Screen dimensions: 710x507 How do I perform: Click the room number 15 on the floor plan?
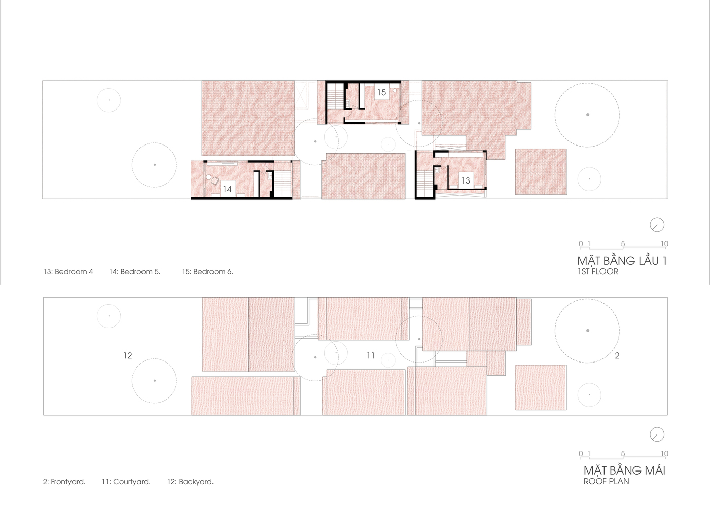381,92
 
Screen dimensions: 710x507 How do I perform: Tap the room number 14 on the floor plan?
227,190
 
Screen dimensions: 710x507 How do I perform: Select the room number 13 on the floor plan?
466,180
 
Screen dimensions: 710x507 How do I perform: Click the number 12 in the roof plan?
128,355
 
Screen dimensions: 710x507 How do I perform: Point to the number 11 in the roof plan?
371,355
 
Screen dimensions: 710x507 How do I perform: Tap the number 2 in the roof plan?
617,355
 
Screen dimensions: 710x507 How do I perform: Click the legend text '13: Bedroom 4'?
68,272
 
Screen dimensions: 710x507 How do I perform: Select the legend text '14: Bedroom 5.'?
135,272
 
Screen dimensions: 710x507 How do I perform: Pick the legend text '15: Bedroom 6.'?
207,272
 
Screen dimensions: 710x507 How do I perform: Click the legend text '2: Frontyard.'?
64,482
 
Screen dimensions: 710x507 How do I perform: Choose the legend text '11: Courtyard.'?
126,482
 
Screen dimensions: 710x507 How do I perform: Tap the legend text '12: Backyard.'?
191,482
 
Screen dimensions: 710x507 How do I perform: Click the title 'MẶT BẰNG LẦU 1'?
622,260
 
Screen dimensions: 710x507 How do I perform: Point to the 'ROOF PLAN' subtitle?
607,481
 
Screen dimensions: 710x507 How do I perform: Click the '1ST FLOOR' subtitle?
598,272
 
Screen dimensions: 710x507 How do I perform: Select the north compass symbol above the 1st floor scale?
657,225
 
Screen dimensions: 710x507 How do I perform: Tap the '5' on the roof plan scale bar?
623,453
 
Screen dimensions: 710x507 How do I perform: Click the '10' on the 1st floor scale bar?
664,244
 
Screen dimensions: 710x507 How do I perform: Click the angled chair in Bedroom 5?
215,181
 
